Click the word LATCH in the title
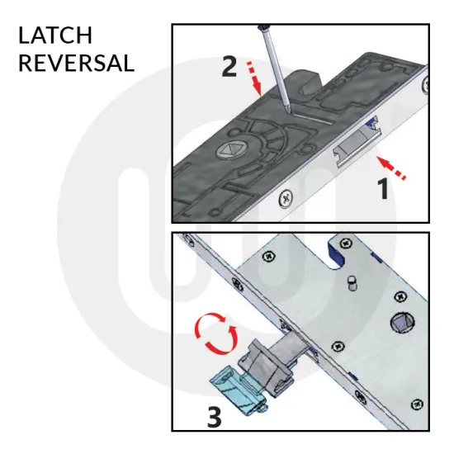[x=55, y=35]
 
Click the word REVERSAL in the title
[x=77, y=63]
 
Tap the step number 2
[x=229, y=67]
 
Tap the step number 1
[x=384, y=188]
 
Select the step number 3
[x=215, y=417]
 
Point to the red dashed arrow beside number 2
[x=254, y=78]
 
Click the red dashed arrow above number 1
[x=391, y=167]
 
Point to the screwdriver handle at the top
[x=263, y=27]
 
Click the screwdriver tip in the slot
[x=288, y=111]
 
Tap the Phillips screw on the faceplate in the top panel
[x=286, y=198]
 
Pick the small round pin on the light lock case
[x=352, y=282]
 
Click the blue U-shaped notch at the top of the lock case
[x=335, y=254]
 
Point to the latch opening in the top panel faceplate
[x=357, y=141]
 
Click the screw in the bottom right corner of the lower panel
[x=417, y=404]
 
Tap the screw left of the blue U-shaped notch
[x=268, y=256]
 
